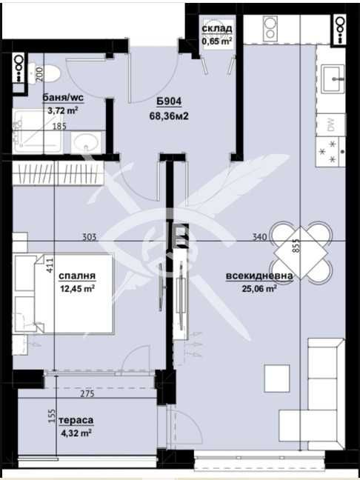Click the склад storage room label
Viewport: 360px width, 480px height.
pos(217,29)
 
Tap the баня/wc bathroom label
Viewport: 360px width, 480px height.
pos(63,98)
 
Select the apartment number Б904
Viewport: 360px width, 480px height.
pos(169,101)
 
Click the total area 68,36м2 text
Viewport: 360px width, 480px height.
pos(169,116)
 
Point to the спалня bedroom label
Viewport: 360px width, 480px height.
pos(77,276)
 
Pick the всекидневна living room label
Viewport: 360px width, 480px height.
pos(259,276)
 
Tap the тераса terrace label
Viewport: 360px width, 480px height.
pos(76,420)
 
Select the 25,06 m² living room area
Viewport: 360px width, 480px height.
pos(259,288)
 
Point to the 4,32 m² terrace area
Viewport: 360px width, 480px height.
pos(76,433)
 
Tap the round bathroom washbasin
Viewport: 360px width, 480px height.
pos(87,142)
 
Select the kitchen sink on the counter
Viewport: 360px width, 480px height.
pos(333,79)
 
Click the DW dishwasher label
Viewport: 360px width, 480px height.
pos(332,125)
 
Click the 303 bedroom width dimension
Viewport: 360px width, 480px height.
pos(90,236)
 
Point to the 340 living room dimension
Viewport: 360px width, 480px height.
pos(259,236)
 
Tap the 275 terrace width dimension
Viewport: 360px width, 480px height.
pos(87,393)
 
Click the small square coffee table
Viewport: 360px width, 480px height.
pos(277,379)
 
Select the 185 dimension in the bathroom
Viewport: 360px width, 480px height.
pos(59,126)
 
